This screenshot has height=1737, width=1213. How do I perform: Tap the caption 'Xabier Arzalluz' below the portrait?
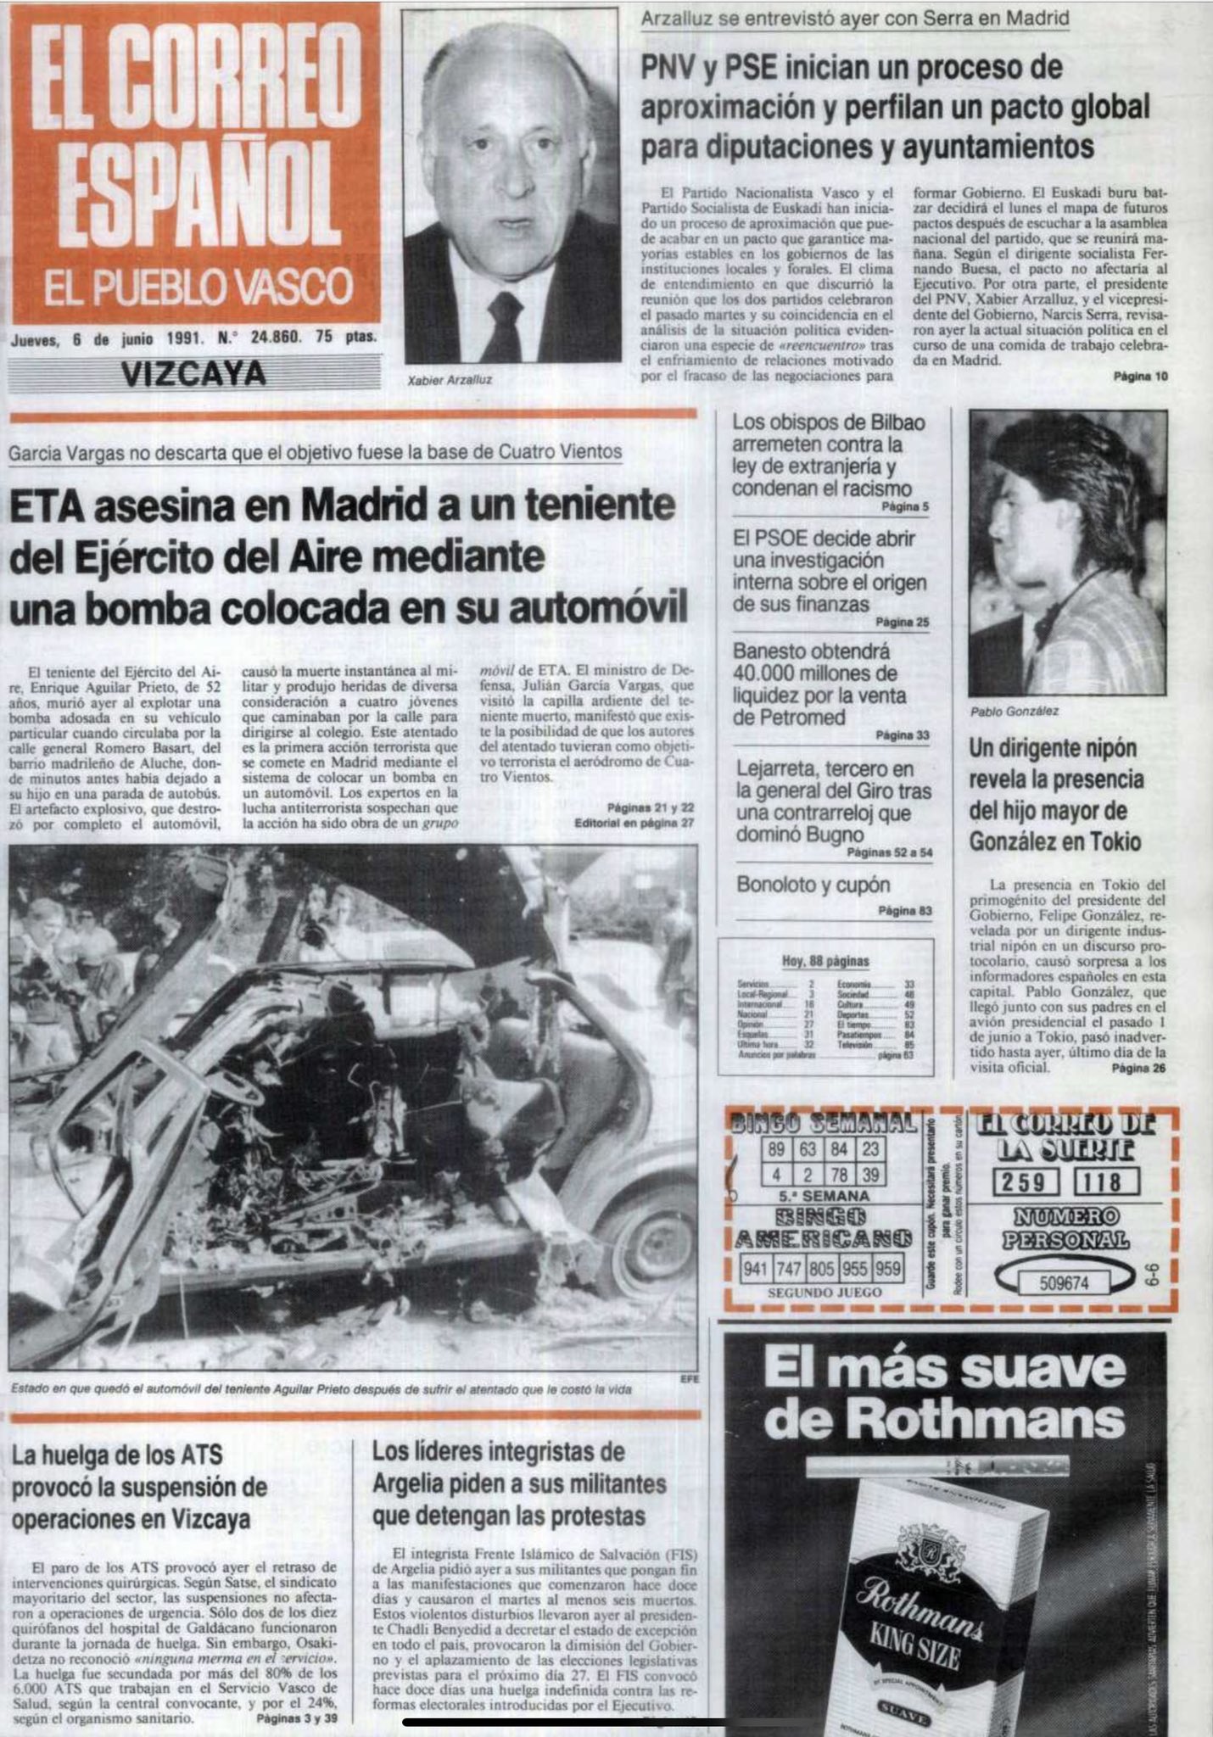450,380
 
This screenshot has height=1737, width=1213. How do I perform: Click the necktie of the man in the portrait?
504,329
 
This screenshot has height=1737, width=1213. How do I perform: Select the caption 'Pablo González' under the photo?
1015,711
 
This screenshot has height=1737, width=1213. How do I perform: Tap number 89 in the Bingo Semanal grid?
775,1151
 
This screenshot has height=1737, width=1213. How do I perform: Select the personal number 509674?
1064,1282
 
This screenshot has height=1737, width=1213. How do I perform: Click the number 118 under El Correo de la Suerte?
1106,1181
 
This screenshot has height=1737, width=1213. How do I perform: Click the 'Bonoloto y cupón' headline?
813,885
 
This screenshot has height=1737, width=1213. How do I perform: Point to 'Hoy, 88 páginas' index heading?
825,961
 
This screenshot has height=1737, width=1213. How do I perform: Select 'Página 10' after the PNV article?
1140,377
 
